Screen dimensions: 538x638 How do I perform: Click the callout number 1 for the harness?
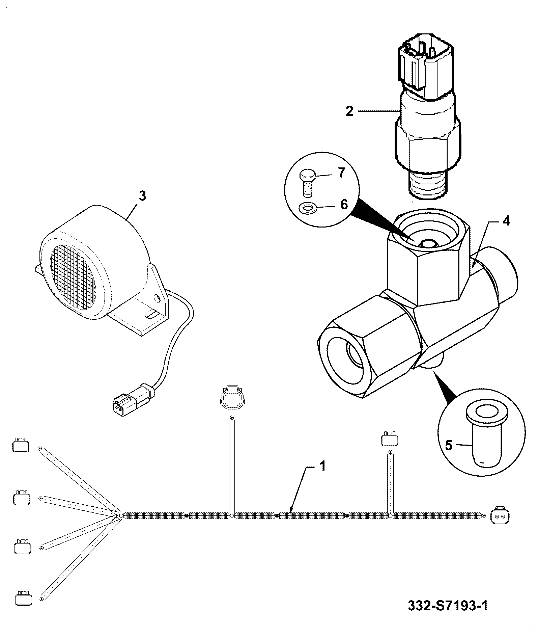tap(322, 467)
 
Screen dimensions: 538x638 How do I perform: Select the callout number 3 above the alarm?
tap(142, 196)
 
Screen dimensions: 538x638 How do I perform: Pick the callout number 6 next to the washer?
tap(344, 204)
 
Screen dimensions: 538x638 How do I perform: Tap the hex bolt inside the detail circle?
tap(308, 184)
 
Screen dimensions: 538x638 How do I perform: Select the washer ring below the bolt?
tap(307, 208)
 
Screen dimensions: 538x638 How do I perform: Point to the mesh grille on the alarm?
tap(73, 279)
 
